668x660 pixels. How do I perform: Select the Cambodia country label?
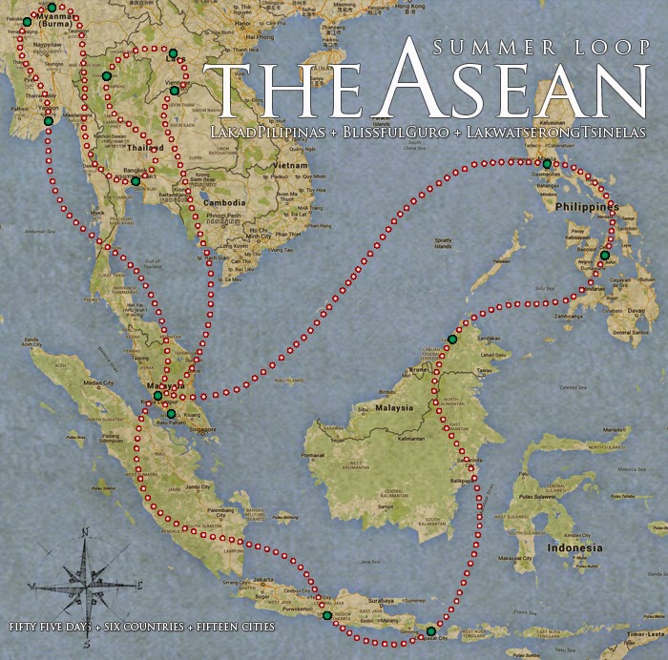click(226, 203)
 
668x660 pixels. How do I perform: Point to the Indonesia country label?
click(575, 548)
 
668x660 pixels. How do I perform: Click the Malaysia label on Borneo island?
click(393, 407)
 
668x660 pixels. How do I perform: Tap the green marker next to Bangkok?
click(136, 181)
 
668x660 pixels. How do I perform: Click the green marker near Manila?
click(547, 164)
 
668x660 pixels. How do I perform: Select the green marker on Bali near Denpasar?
click(430, 631)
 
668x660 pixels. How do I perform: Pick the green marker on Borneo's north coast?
click(452, 340)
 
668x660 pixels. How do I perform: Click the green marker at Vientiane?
click(175, 91)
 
